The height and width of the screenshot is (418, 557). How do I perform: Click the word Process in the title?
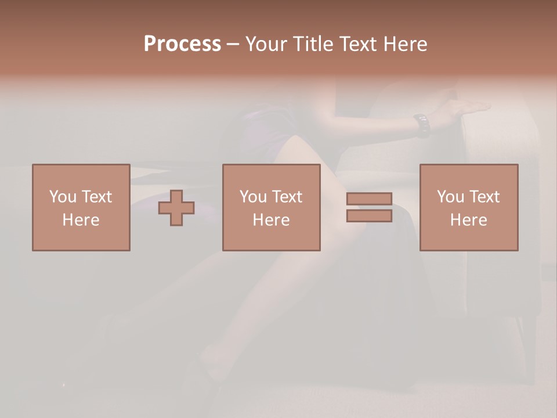pos(182,44)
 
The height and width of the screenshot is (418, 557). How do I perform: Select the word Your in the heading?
pos(266,44)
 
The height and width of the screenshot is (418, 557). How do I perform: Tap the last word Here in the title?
pos(406,44)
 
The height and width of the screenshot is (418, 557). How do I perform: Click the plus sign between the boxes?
pos(176,208)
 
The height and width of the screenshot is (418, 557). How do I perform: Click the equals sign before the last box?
pos(369,207)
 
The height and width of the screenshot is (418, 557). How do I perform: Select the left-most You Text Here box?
pos(81,207)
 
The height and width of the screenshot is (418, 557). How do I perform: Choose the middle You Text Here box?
pos(271,207)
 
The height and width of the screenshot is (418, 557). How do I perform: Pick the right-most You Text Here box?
pos(469,207)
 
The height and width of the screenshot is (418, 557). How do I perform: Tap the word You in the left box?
pos(63,197)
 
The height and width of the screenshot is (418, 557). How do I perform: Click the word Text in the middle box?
pos(287,197)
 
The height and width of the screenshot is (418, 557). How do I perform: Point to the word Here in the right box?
pos(469,220)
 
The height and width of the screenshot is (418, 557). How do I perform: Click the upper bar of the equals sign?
pos(369,199)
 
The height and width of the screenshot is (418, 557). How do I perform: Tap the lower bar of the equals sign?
pos(369,216)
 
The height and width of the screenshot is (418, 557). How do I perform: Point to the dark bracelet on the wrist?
pos(422,124)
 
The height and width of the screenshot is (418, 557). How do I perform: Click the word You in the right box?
pos(450,197)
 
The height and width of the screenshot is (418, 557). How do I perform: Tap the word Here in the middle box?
pos(271,220)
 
